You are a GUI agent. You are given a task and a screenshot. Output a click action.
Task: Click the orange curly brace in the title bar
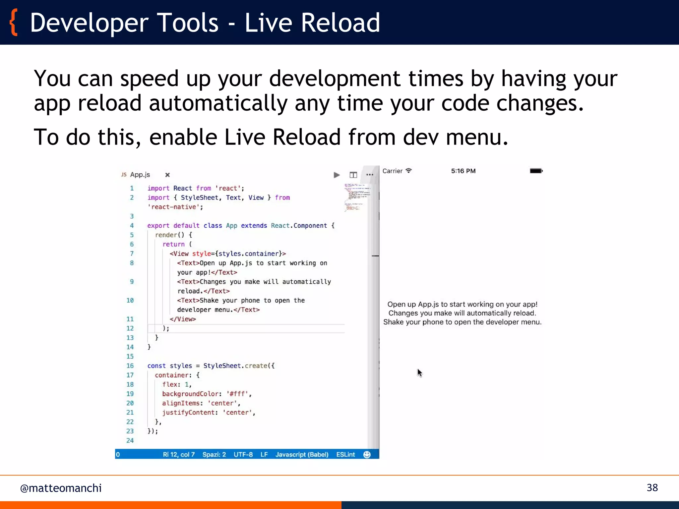[x=14, y=23]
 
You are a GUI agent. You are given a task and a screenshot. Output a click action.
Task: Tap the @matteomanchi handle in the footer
[x=61, y=488]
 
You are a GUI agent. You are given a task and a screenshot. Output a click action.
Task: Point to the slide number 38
[x=652, y=487]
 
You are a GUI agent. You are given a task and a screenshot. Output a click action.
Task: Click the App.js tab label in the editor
[x=140, y=175]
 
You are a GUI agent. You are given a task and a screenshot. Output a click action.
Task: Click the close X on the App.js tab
[x=167, y=175]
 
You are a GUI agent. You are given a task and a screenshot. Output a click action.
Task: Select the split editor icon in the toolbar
[x=353, y=175]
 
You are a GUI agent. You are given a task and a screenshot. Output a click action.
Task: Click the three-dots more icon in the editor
[x=370, y=175]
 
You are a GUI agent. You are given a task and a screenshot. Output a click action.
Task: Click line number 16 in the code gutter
[x=130, y=366]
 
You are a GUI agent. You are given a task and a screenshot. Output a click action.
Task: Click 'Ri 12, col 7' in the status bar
[x=178, y=454]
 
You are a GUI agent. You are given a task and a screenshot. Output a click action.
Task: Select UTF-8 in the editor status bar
[x=243, y=454]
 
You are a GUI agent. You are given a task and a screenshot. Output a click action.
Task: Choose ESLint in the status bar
[x=345, y=454]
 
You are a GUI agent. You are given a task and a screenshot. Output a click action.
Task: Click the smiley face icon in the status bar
[x=367, y=454]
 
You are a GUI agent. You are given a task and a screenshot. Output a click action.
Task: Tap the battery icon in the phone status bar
[x=536, y=171]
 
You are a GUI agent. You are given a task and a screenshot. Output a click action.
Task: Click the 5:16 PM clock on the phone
[x=463, y=171]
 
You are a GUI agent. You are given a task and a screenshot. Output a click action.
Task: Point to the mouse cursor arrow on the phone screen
[x=419, y=372]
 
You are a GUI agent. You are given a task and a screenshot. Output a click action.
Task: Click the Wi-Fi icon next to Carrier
[x=409, y=171]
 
